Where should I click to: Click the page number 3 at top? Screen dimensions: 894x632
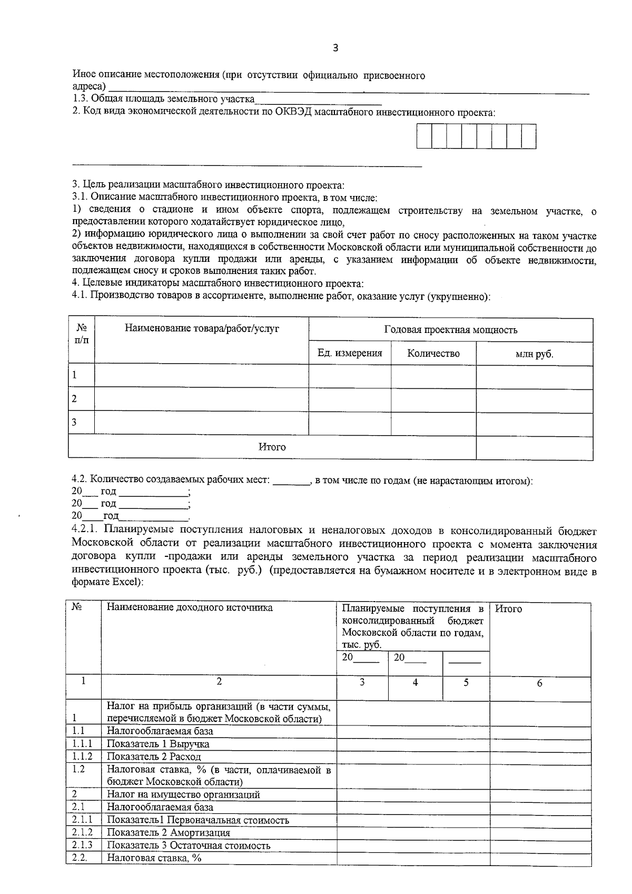(x=335, y=48)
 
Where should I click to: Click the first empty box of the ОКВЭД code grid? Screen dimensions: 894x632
(x=424, y=136)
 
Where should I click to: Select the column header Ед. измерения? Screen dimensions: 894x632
(x=350, y=353)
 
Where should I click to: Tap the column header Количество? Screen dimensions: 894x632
(x=433, y=353)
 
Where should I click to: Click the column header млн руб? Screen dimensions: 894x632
(x=534, y=354)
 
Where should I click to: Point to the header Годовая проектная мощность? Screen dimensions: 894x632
(x=450, y=330)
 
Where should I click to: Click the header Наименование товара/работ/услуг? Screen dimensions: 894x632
(x=202, y=329)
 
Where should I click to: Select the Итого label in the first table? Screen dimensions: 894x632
(x=272, y=447)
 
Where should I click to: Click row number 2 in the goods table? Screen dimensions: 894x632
(x=74, y=399)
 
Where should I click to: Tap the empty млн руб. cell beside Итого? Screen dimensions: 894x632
(x=534, y=447)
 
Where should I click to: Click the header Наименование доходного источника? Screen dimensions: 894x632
(x=190, y=607)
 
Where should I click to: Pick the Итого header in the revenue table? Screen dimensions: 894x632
(x=509, y=608)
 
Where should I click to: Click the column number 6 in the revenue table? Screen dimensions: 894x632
(x=539, y=683)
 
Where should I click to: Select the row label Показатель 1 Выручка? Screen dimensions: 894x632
(x=158, y=744)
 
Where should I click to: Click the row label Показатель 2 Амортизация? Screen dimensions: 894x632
(x=169, y=833)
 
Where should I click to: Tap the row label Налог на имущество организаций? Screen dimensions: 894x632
(x=183, y=794)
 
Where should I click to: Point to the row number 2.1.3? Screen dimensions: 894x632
(x=82, y=845)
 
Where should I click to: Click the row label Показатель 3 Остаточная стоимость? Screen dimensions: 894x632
(x=189, y=846)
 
